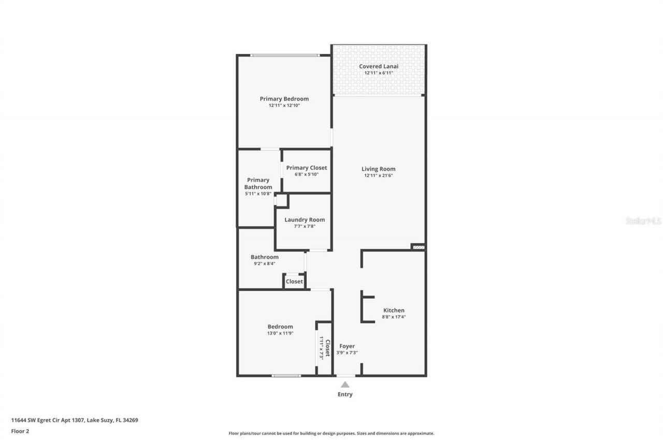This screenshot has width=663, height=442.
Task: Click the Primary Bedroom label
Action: (284, 99)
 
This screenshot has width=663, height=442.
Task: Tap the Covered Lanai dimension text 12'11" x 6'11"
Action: (379, 73)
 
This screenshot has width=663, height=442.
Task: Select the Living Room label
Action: (378, 169)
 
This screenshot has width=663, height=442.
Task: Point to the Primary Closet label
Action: (306, 168)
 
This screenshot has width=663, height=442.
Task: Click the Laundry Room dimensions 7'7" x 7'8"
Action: (305, 226)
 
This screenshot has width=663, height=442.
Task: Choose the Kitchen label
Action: (394, 310)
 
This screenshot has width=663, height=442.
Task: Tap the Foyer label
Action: (347, 346)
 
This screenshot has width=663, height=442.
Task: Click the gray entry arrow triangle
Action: (345, 385)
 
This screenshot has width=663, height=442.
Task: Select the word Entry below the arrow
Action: (345, 394)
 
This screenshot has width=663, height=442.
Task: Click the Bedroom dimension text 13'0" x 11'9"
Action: (280, 333)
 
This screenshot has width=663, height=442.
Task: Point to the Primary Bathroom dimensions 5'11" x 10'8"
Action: (258, 194)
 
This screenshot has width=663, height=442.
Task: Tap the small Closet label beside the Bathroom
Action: (294, 281)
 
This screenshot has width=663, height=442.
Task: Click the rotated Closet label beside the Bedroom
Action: (328, 348)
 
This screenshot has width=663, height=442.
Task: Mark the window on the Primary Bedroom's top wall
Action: (285, 55)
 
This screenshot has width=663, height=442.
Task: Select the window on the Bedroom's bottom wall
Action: (286, 376)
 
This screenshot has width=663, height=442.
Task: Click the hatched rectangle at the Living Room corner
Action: (419, 247)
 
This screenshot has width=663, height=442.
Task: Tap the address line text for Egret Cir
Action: (75, 420)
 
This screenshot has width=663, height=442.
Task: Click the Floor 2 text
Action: (20, 431)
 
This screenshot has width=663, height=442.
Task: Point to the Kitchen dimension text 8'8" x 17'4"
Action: (394, 317)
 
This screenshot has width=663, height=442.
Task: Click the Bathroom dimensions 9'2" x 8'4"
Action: (264, 263)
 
